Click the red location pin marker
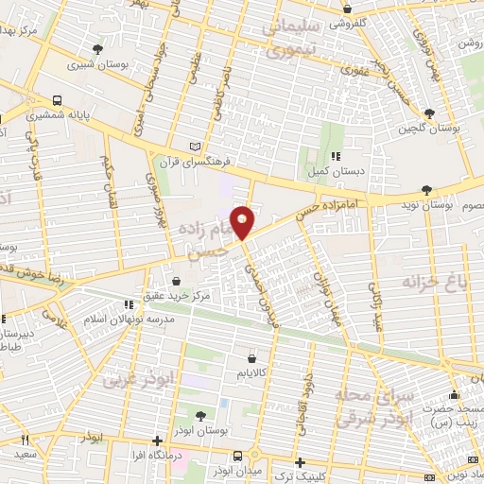243,221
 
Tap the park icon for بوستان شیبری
98,48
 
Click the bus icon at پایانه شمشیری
59,100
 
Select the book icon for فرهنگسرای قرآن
196,147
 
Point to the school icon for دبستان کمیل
333,157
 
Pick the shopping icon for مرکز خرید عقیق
178,281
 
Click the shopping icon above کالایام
251,358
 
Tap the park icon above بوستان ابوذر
200,415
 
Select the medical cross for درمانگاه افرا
157,441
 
